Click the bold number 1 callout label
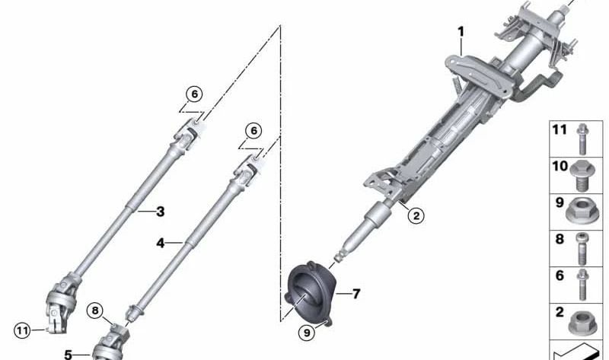tap(461, 32)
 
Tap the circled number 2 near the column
tap(415, 215)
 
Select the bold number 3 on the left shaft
tap(161, 212)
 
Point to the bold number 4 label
tap(160, 243)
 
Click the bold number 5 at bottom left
tap(68, 354)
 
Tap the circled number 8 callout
tap(94, 310)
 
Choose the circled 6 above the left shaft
tap(193, 94)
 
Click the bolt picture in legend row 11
tap(582, 138)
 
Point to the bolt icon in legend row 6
tap(582, 282)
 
